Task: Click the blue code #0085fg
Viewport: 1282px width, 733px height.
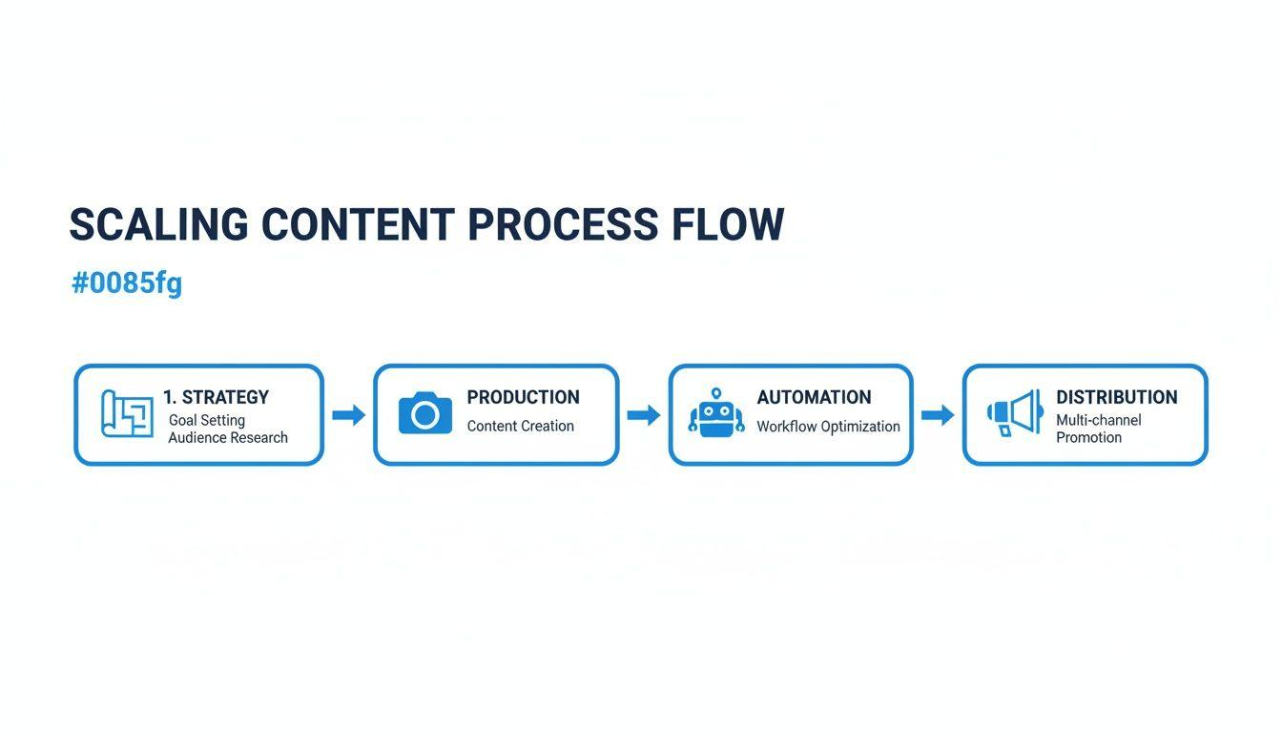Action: (x=127, y=283)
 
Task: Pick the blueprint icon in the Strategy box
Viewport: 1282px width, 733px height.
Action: (x=127, y=414)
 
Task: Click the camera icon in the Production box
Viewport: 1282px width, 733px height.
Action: (x=425, y=413)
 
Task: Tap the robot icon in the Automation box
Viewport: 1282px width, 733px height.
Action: (x=716, y=413)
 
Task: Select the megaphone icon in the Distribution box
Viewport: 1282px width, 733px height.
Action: (x=1014, y=413)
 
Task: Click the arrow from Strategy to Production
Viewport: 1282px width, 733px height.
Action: (x=348, y=415)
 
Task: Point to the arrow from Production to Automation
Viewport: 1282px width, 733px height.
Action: (x=644, y=415)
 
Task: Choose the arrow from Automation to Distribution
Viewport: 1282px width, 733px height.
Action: (x=938, y=415)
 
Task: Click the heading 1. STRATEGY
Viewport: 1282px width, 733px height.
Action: (x=216, y=397)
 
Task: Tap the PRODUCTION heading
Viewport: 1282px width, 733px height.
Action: (x=523, y=397)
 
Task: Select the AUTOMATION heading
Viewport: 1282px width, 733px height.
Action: (x=814, y=397)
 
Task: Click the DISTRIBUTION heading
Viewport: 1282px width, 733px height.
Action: (x=1116, y=397)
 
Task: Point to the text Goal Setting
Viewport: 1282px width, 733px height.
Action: (x=207, y=420)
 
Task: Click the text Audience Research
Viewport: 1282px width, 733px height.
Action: (x=228, y=438)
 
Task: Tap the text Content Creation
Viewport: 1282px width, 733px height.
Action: (x=520, y=427)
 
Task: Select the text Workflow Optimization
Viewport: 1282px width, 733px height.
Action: (x=828, y=427)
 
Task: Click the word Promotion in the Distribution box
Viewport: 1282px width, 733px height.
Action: (x=1088, y=438)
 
